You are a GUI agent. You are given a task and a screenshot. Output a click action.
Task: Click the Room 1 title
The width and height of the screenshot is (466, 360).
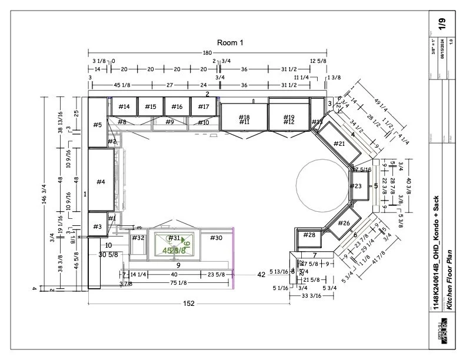coord(230,42)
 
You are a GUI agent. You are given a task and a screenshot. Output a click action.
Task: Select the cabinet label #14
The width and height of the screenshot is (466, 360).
coord(124,106)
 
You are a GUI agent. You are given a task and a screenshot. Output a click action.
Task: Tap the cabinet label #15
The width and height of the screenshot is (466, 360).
coord(151,106)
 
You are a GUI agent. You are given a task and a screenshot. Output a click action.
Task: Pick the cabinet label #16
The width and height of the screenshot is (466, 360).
coord(177,106)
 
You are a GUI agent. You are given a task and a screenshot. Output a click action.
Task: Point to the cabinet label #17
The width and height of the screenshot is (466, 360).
coord(203,106)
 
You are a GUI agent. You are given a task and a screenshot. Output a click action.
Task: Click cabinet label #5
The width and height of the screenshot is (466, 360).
coord(97,125)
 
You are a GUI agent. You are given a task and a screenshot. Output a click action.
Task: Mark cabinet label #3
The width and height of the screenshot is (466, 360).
coord(97,226)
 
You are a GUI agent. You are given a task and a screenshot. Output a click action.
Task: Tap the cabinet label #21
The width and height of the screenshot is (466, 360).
coord(339,144)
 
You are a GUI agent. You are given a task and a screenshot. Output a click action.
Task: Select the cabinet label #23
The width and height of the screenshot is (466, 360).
coord(356,186)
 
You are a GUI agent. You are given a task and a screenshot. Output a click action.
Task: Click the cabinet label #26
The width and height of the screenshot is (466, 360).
coord(344,224)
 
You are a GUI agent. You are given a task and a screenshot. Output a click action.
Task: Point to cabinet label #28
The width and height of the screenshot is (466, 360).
coord(309,235)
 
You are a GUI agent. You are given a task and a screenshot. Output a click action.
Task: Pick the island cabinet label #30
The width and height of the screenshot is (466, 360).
coord(216,238)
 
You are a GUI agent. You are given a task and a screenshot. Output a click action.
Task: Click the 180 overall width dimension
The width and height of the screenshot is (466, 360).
coord(207,53)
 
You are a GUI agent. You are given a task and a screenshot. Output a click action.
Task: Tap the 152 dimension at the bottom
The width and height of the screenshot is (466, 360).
coord(188,304)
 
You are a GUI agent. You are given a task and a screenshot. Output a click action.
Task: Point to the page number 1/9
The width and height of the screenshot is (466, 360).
coord(441,24)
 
